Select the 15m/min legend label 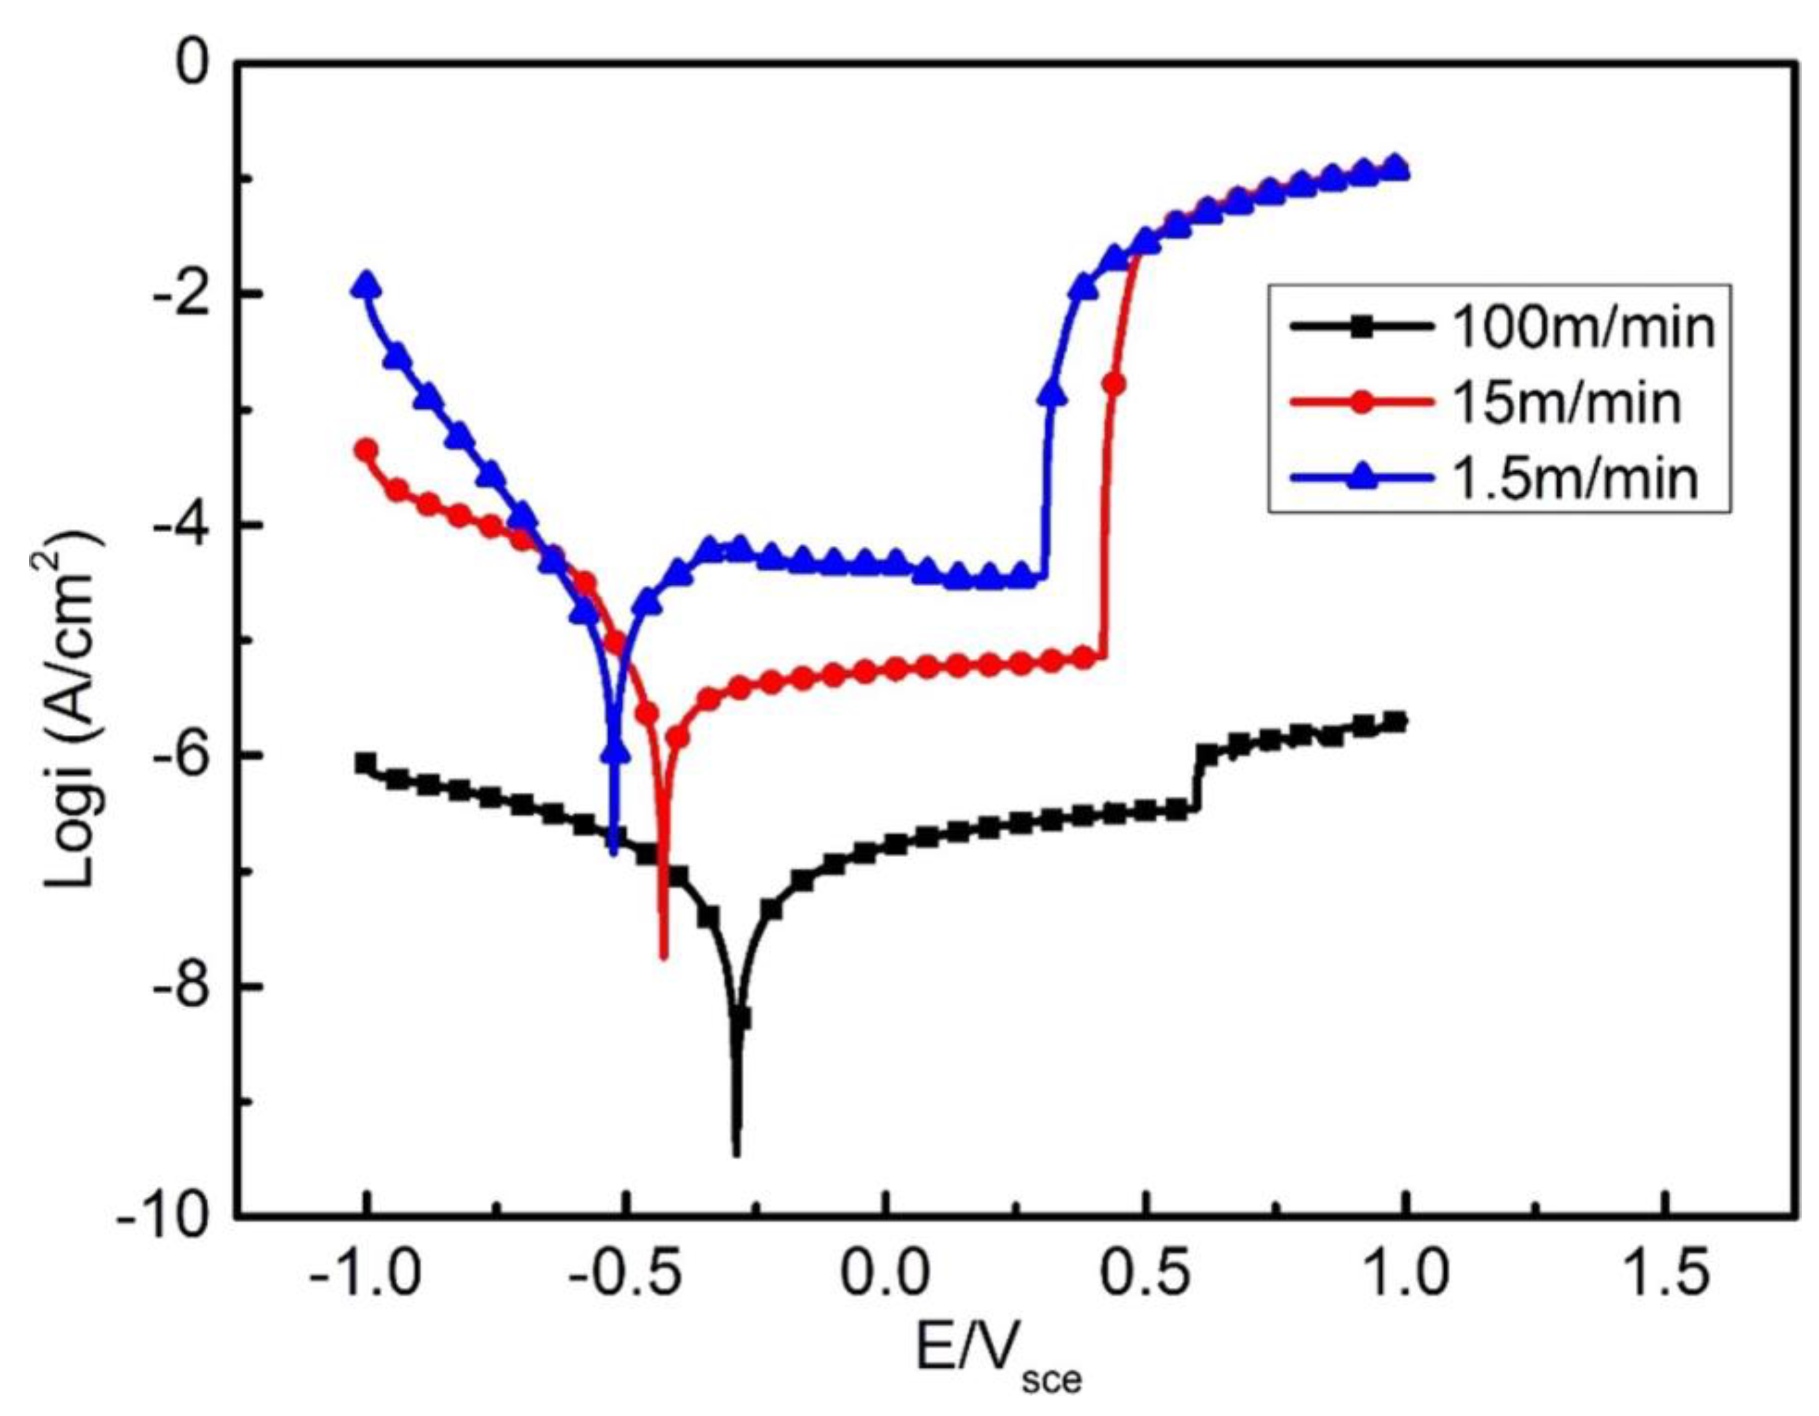click(x=1566, y=403)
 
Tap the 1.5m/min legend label click(x=1574, y=479)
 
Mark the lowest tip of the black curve click(x=736, y=1154)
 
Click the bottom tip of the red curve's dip click(x=664, y=958)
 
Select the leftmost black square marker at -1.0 click(x=367, y=763)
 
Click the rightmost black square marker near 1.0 click(x=1397, y=721)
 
